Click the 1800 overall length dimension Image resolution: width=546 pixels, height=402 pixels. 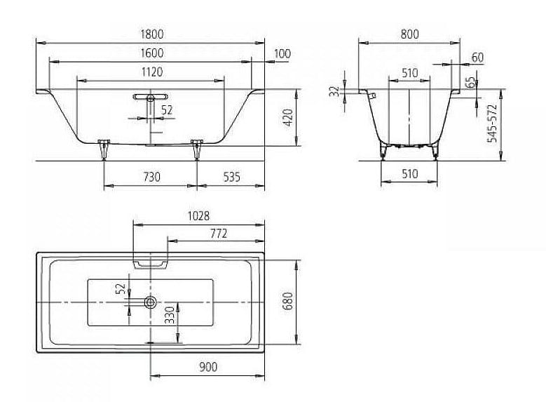click(152, 34)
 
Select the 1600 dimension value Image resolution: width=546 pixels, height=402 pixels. click(152, 53)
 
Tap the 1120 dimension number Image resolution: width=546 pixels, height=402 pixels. click(152, 72)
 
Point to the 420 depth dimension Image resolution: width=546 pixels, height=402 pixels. click(288, 117)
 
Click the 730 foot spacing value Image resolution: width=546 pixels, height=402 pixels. click(152, 177)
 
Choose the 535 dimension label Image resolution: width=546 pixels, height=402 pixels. click(231, 177)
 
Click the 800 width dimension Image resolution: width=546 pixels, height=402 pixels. click(409, 34)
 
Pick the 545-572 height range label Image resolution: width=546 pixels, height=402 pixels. click(492, 123)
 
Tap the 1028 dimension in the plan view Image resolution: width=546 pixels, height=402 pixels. click(198, 216)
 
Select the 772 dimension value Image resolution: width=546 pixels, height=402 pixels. click(219, 233)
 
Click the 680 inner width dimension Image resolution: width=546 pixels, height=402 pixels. click(288, 301)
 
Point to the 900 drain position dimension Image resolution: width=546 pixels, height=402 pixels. click(208, 367)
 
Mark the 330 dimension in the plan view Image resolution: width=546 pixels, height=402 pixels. click(170, 315)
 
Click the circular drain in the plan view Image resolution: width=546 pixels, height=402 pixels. click(151, 302)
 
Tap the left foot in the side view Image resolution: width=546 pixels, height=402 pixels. click(104, 149)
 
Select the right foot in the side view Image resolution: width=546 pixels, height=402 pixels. click(197, 149)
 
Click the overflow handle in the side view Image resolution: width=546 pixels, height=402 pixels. click(150, 97)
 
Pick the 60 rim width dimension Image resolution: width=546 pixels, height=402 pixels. click(477, 58)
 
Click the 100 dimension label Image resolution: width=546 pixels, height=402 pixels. click(282, 54)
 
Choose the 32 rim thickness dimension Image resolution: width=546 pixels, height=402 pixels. click(334, 91)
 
